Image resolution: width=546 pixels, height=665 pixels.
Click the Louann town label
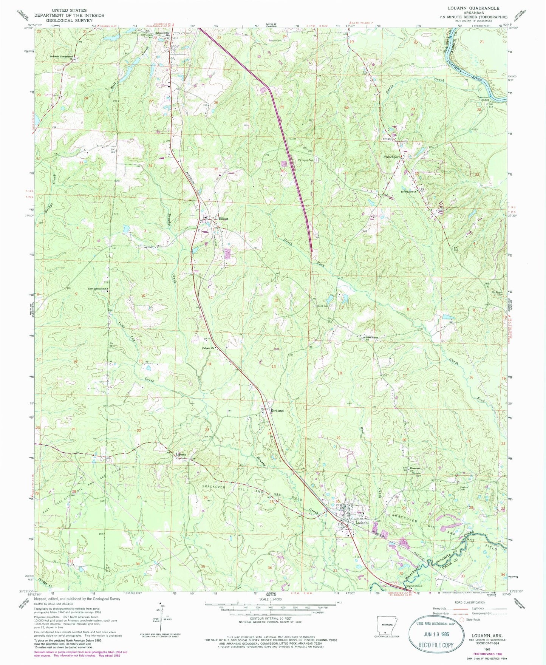(x=362, y=523)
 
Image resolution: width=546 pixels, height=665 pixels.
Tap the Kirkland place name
(x=277, y=410)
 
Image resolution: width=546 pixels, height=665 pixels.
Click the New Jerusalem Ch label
(x=98, y=289)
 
